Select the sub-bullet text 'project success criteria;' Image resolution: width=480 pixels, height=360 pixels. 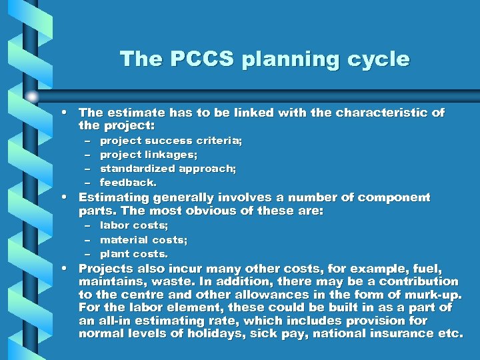click(171, 141)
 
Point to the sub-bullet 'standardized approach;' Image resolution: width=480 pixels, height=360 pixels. click(168, 169)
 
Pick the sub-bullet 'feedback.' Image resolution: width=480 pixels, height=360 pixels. click(129, 182)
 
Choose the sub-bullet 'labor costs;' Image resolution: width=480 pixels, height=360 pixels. click(134, 225)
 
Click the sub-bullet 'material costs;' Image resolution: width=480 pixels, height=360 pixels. click(143, 239)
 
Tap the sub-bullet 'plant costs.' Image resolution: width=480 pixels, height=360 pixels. click(134, 253)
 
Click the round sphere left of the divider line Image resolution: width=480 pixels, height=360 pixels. click(32, 97)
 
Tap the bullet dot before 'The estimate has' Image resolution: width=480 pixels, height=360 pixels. click(69, 113)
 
